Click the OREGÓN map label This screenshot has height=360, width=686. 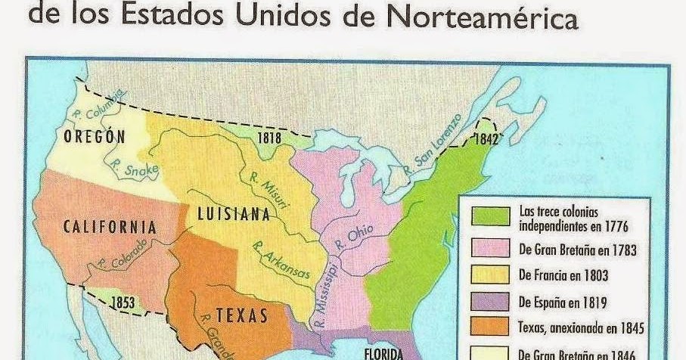tap(94, 137)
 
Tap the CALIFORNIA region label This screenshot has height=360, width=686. tap(110, 227)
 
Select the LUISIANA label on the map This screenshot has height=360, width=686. tap(233, 215)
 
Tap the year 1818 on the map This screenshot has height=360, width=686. tap(269, 138)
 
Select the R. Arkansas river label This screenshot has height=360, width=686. tap(281, 262)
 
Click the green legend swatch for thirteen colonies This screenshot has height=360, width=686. tap(490, 215)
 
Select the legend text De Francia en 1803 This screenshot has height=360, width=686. tap(563, 276)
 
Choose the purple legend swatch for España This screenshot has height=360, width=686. tap(490, 302)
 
